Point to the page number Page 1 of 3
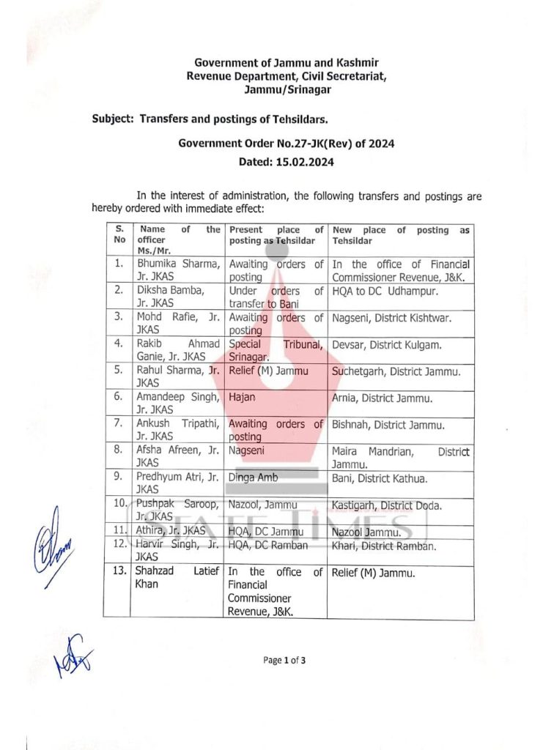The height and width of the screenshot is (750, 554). click(284, 660)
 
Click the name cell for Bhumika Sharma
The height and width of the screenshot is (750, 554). click(177, 270)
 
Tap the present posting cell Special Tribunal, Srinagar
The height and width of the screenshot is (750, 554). click(276, 351)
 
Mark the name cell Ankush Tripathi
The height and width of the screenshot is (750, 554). click(177, 430)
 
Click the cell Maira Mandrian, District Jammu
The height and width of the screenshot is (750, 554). click(400, 458)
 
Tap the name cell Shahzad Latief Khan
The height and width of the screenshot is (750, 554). click(177, 578)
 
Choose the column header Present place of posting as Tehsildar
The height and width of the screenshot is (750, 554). click(276, 235)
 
